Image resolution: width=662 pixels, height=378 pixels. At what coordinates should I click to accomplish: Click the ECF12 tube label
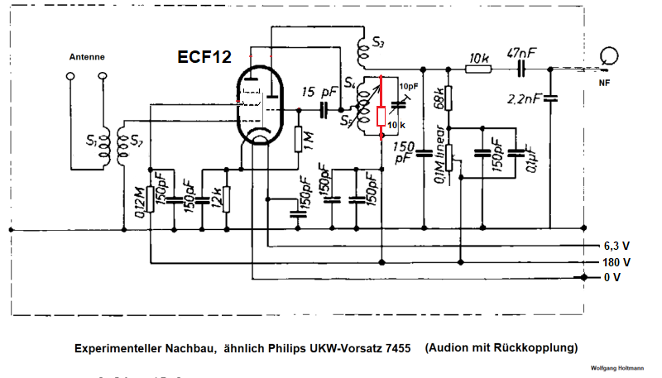pyautogui.click(x=204, y=57)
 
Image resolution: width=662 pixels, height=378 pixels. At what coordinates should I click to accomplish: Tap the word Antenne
pyautogui.click(x=86, y=57)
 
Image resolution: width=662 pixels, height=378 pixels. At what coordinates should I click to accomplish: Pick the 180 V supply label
pyautogui.click(x=617, y=261)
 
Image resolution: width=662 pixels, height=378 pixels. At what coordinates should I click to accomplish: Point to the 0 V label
pyautogui.click(x=612, y=277)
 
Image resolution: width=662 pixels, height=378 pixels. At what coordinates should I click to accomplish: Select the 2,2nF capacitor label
pyautogui.click(x=526, y=99)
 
